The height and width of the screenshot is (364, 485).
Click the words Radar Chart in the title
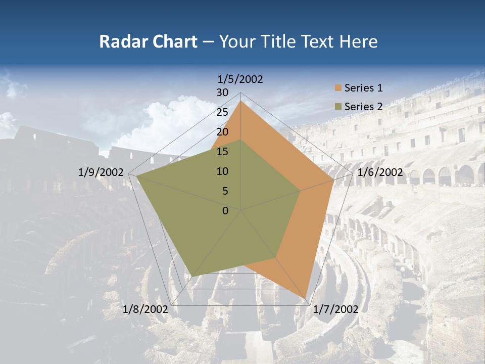[148, 42]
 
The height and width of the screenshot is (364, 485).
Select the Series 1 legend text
[363, 88]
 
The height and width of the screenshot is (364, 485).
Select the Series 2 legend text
[363, 107]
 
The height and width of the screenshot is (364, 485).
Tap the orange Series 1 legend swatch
[337, 88]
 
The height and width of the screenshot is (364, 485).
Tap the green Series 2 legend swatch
[337, 107]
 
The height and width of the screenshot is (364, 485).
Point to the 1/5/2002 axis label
[240, 79]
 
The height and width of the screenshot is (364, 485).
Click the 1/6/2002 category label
[380, 172]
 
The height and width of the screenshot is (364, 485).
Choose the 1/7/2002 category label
[335, 309]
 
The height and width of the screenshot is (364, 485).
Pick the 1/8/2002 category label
[145, 309]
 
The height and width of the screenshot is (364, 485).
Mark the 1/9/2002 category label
[101, 172]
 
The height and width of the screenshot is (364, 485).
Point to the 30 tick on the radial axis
[222, 93]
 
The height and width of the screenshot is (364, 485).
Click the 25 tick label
[222, 112]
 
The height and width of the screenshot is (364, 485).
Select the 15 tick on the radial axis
[222, 152]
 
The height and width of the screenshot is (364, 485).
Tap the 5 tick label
[225, 191]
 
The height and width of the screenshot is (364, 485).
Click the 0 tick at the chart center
[225, 210]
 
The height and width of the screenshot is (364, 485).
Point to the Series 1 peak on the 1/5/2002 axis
[241, 101]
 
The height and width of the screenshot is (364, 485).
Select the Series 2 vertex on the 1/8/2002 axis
[192, 276]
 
